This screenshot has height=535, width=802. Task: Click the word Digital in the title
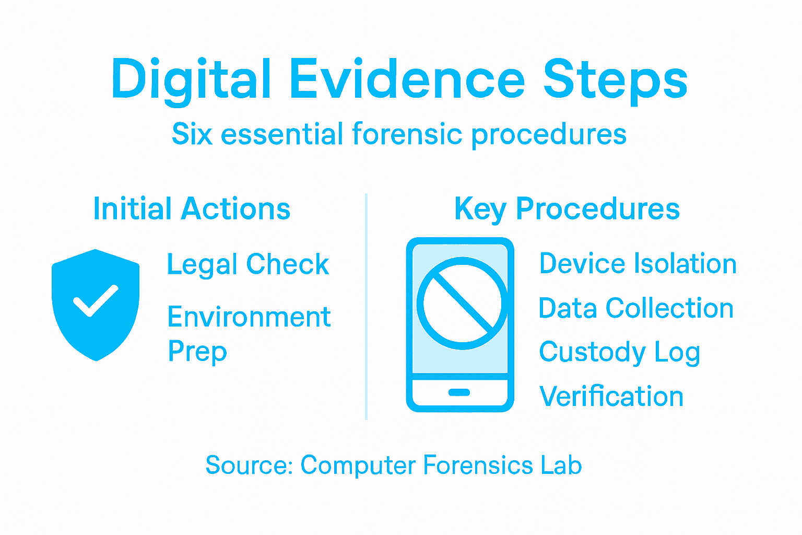(191, 80)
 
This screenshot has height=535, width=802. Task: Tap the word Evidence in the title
(407, 79)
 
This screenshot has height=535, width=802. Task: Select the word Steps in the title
(616, 80)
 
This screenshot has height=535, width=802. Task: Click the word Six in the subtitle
(192, 134)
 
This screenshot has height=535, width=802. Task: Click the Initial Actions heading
(192, 209)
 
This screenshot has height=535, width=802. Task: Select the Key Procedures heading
(567, 209)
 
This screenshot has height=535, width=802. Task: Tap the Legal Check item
(248, 264)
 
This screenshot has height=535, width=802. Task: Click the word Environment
(249, 317)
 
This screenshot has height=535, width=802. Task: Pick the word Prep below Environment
(197, 352)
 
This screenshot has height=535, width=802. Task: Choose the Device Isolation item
(638, 263)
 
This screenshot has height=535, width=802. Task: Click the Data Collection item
(636, 308)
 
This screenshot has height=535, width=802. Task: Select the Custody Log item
(619, 353)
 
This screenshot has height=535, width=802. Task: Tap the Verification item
(611, 397)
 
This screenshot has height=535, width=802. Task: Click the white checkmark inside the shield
(96, 301)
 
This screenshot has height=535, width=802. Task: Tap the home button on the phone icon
(459, 392)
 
